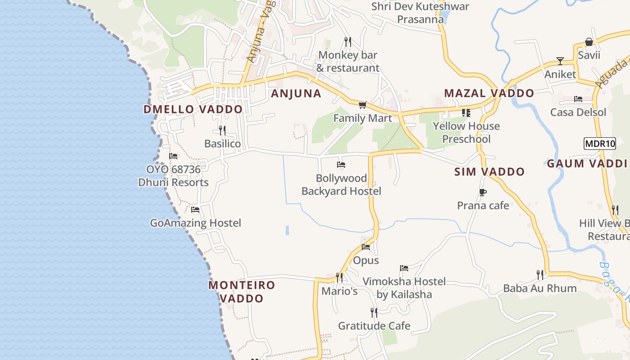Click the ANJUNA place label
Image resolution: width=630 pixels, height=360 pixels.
(296, 94)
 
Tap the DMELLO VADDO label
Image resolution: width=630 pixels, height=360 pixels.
(193, 109)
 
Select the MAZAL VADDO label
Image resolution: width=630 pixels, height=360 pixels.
(489, 94)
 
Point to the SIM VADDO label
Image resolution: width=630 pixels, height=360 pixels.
(489, 172)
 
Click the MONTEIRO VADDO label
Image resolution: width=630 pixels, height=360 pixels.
(242, 292)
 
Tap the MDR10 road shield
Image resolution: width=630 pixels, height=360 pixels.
(599, 144)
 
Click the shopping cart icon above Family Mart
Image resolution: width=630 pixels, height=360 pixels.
(362, 105)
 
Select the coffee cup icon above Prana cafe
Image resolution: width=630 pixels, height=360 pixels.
(482, 193)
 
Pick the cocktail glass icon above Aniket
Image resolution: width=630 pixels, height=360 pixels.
(560, 61)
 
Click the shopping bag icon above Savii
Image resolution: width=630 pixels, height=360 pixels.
(589, 42)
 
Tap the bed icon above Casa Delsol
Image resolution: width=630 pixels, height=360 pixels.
(578, 99)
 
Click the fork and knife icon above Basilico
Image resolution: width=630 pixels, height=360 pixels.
(222, 130)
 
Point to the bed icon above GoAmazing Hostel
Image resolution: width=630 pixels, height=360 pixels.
(195, 210)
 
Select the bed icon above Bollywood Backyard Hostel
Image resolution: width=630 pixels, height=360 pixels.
(341, 165)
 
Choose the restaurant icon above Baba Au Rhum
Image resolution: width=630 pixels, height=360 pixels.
(540, 274)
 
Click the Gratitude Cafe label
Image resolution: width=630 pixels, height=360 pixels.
(374, 326)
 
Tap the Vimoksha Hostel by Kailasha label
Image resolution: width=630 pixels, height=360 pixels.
(404, 288)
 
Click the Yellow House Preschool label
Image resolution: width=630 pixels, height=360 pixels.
(466, 132)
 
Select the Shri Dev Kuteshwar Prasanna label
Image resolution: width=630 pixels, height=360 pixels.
(420, 13)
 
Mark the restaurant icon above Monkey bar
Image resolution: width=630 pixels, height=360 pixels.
(347, 42)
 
